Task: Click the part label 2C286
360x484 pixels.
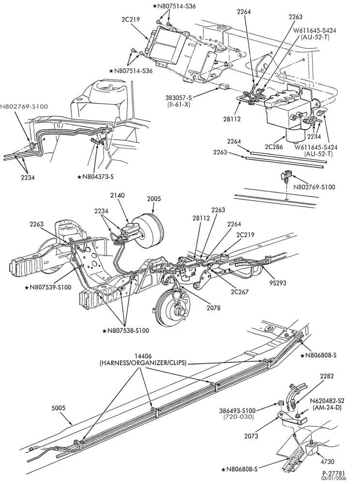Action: tap(273, 147)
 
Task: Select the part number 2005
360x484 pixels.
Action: tap(153, 199)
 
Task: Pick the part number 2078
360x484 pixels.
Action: tap(213, 308)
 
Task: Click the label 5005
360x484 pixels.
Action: tap(58, 408)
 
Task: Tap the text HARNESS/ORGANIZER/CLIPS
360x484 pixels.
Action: tap(143, 363)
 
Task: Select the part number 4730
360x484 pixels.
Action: tap(327, 462)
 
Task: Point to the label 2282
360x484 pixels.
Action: tap(327, 376)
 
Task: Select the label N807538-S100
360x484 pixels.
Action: tap(126, 331)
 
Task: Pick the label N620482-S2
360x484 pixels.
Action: tap(327, 401)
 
